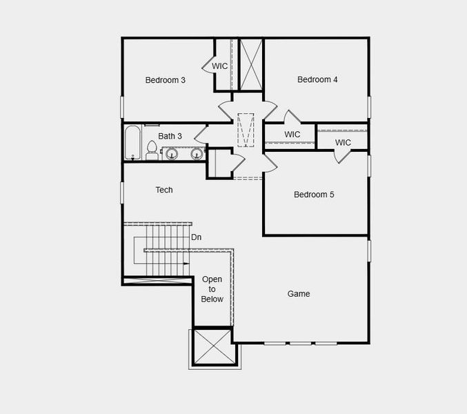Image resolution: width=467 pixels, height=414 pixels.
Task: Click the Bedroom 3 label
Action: pos(165,80)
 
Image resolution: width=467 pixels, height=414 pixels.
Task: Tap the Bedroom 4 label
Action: pos(317,79)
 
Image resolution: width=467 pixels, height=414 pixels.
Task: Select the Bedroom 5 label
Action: pos(314,195)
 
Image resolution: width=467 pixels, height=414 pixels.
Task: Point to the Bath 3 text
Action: pos(170,136)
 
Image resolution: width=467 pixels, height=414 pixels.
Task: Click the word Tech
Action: pos(164,190)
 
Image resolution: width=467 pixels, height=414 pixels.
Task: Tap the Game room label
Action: pos(299,294)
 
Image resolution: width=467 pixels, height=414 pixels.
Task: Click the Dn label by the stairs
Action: pos(197,237)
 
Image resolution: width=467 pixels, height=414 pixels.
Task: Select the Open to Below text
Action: pos(212,289)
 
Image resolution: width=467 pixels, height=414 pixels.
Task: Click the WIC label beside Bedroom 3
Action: pos(220,66)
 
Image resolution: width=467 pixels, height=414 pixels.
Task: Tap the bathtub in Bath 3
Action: pos(132,143)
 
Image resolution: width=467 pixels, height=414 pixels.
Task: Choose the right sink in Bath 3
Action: pos(196,153)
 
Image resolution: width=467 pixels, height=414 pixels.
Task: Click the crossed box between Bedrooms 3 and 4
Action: pos(251,63)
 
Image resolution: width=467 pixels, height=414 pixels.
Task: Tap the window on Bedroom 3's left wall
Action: pos(123,107)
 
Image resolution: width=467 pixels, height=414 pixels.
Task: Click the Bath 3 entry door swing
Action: pos(201,134)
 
